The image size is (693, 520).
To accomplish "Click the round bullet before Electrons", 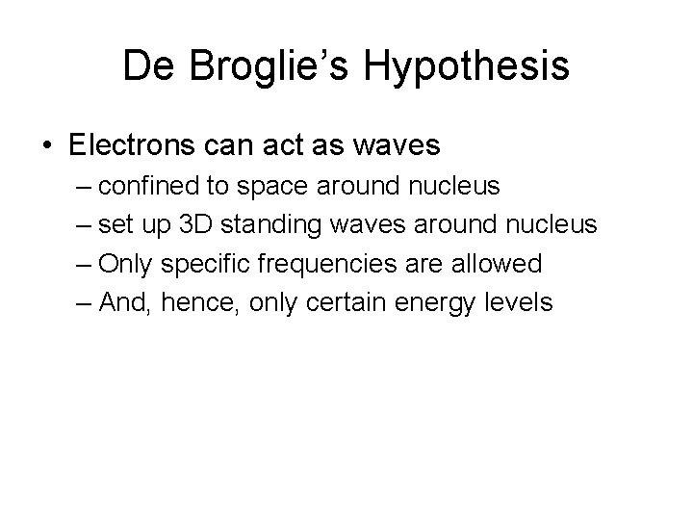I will (x=47, y=146).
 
